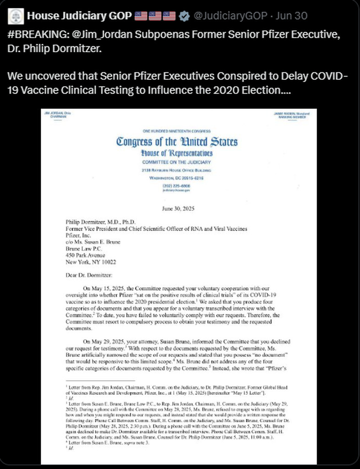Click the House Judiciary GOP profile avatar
[x=16, y=16]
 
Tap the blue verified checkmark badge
[x=184, y=16]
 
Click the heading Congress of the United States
[x=177, y=141]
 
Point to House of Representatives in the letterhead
[x=177, y=153]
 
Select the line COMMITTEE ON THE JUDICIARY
[x=177, y=162]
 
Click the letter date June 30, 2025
[x=179, y=208]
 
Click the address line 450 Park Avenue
[x=85, y=255]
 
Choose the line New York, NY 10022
[x=91, y=262]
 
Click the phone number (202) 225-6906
[x=177, y=185]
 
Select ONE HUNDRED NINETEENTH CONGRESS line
[x=177, y=131]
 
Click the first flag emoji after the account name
[x=141, y=16]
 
